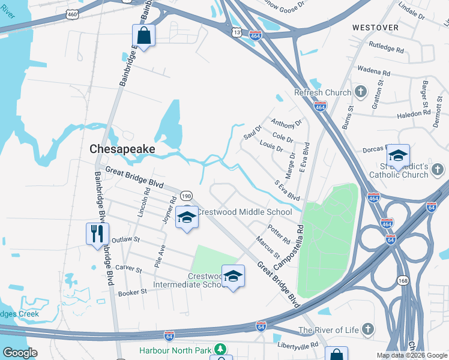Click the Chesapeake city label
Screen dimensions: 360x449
pyautogui.click(x=122, y=149)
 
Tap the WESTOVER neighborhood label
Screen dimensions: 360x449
pyautogui.click(x=375, y=28)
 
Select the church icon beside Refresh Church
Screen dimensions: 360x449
pyautogui.click(x=360, y=92)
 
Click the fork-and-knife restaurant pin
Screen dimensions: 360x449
pyautogui.click(x=97, y=232)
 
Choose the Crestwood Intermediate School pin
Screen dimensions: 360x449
pyautogui.click(x=234, y=276)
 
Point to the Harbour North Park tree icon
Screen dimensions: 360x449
pyautogui.click(x=221, y=349)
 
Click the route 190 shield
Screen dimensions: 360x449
pyautogui.click(x=186, y=196)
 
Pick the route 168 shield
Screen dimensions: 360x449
pyautogui.click(x=402, y=280)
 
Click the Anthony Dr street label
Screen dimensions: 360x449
pyautogui.click(x=286, y=124)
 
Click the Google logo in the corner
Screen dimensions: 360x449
pyautogui.click(x=20, y=353)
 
